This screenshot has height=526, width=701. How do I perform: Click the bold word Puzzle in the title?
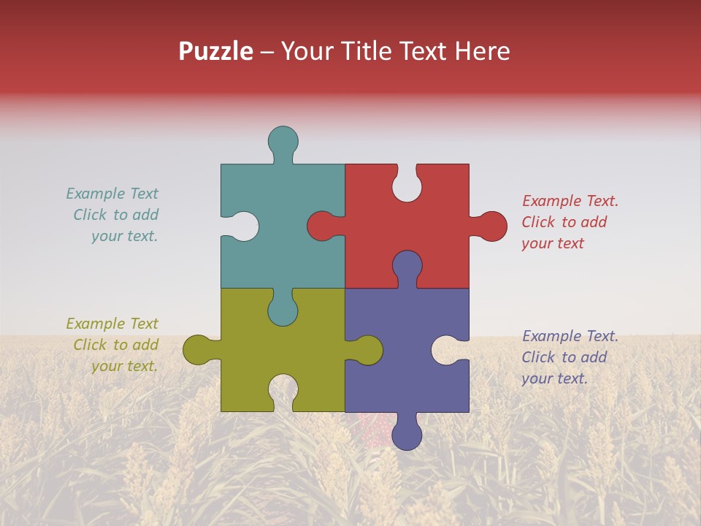coord(216,51)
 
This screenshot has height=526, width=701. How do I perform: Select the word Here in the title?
coord(482,51)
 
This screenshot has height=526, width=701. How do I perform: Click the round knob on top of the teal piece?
coord(283,141)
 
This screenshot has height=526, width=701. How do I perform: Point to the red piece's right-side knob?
coord(491,226)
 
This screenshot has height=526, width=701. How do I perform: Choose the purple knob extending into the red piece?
coord(407,266)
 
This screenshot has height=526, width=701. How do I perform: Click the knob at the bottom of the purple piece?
coord(407,435)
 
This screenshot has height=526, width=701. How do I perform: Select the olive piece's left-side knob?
coord(198,350)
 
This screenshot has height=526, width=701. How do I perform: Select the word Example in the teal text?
coord(96,194)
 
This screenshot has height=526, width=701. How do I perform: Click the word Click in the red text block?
coord(538,223)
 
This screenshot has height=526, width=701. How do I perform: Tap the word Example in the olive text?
coord(96,324)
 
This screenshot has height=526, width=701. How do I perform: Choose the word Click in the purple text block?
coord(538,357)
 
